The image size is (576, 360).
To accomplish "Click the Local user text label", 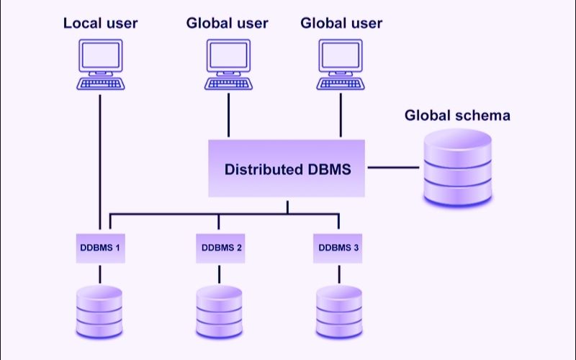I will [x=100, y=23].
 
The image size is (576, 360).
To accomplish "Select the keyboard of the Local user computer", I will [x=100, y=84].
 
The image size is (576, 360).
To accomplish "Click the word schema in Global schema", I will [x=485, y=115].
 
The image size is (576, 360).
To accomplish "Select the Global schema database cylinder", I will [x=457, y=167].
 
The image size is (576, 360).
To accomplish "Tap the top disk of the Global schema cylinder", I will [x=457, y=141].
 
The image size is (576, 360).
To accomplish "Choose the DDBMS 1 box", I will [x=99, y=248].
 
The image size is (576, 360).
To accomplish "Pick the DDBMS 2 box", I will [x=219, y=248].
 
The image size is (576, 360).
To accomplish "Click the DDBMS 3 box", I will [x=338, y=248].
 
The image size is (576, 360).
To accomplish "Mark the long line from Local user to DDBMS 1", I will [x=99, y=158].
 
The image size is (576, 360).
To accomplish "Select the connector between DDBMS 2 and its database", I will [x=219, y=273].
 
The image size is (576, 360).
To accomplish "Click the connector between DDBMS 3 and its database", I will [x=338, y=273].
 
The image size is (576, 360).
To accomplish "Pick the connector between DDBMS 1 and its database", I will [x=99, y=273].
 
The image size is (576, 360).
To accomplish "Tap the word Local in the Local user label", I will [x=81, y=23].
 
